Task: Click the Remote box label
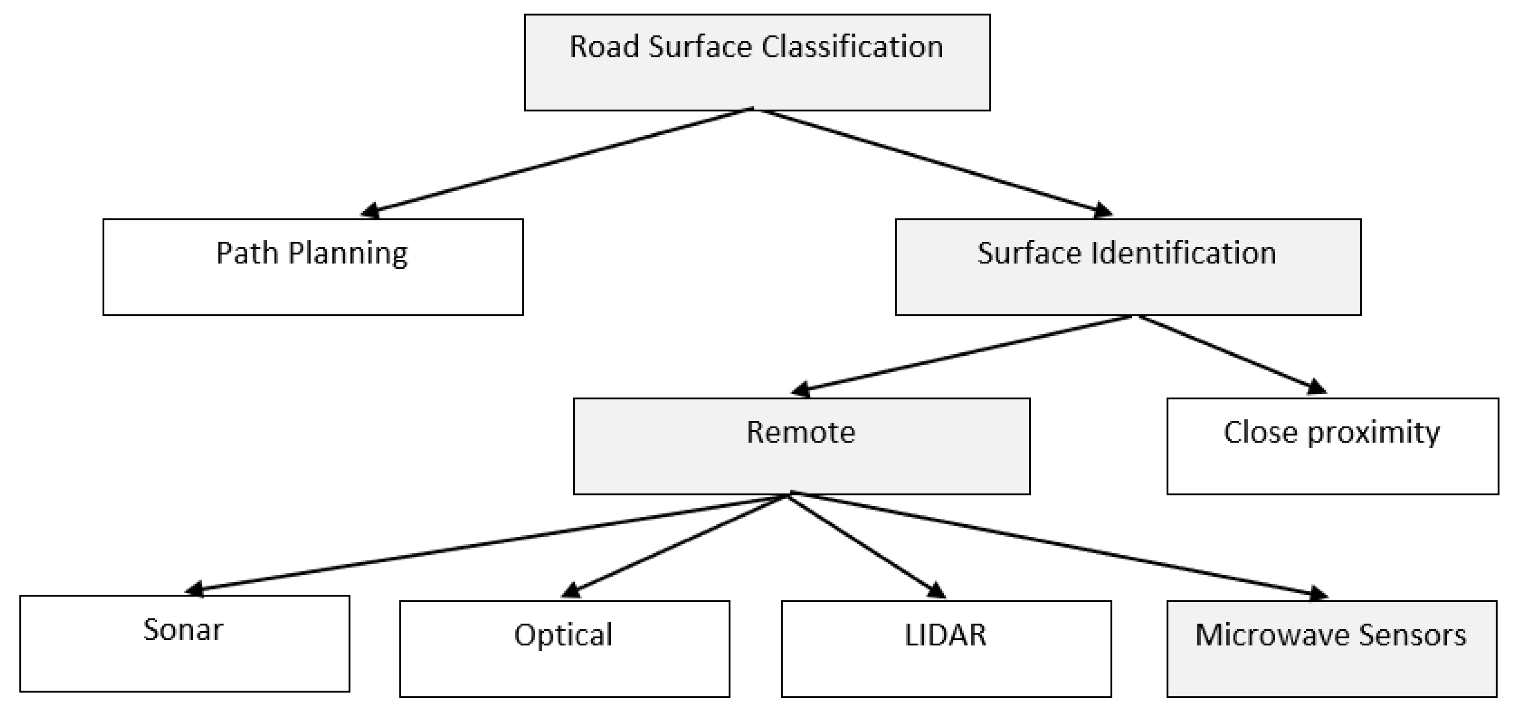[801, 432]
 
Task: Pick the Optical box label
[564, 635]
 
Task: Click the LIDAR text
[945, 635]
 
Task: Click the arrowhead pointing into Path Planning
[371, 211]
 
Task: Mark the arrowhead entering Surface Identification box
[1102, 211]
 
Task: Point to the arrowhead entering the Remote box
[802, 389]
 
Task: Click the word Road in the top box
[603, 46]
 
